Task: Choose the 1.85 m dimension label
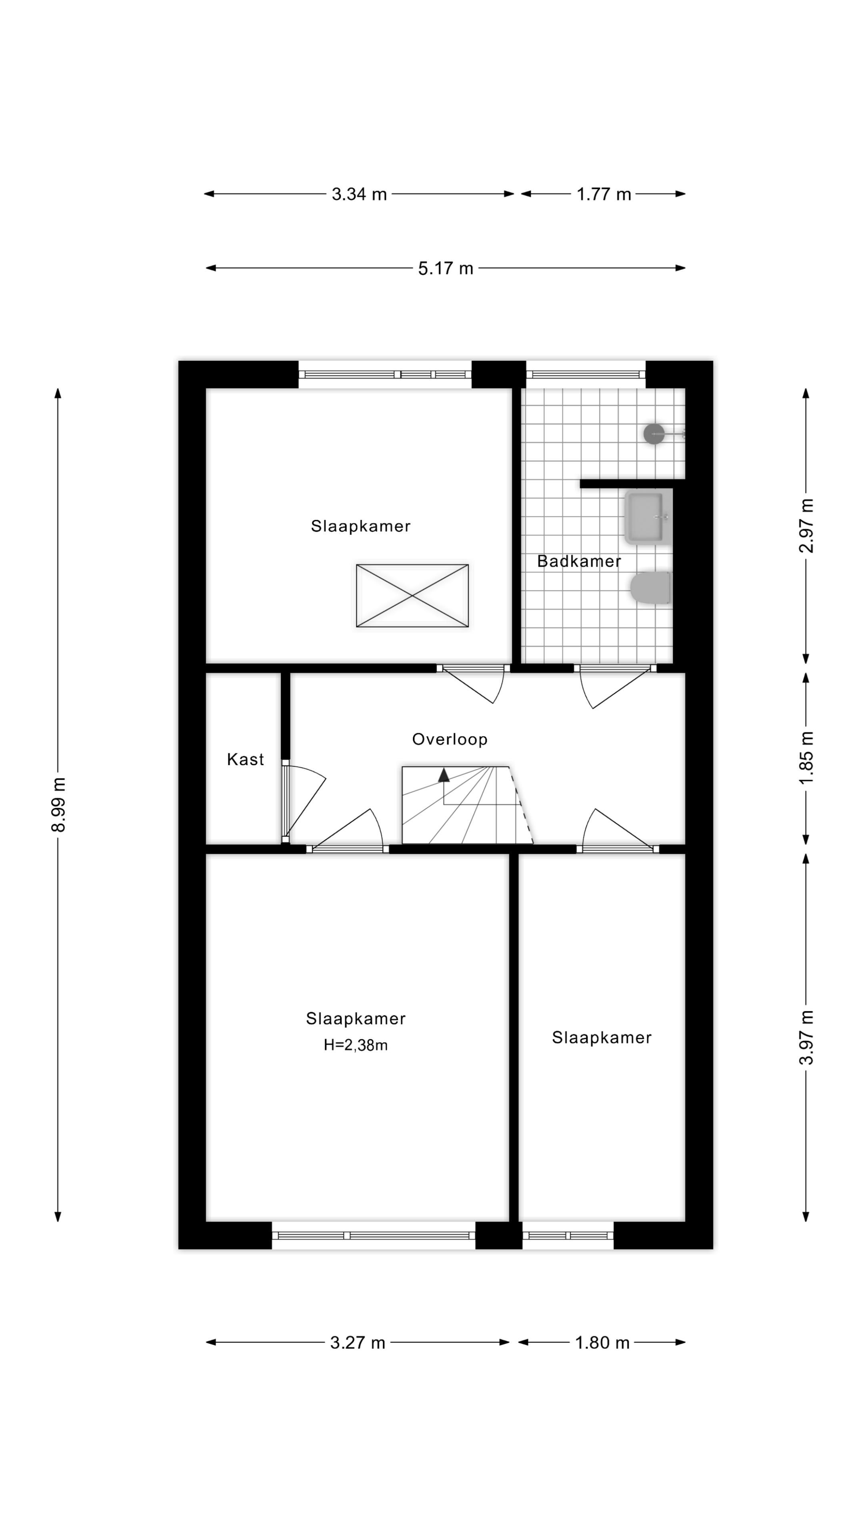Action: click(x=806, y=758)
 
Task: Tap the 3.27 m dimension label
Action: click(x=357, y=1343)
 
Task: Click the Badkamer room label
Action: click(x=578, y=561)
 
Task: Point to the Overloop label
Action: click(x=450, y=739)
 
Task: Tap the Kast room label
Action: click(x=245, y=760)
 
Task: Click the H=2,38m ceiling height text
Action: click(x=355, y=1045)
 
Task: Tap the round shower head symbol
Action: click(x=654, y=434)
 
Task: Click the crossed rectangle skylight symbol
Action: click(x=412, y=596)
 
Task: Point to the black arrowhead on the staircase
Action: click(x=444, y=775)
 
